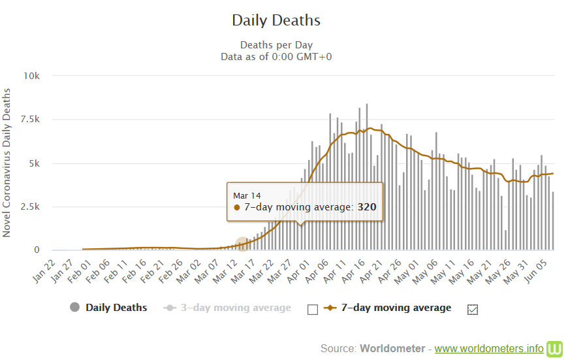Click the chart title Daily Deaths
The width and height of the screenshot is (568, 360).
(x=276, y=20)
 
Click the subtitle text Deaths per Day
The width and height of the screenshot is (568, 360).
(x=276, y=45)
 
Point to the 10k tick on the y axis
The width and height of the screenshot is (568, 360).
(x=31, y=76)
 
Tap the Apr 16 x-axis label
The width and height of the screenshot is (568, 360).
(x=357, y=269)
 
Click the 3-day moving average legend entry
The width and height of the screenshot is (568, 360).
(x=232, y=308)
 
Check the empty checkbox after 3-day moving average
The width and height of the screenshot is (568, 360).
(x=312, y=309)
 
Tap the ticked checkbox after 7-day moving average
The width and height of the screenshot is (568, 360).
(x=473, y=309)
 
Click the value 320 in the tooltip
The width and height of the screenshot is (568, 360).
(x=366, y=207)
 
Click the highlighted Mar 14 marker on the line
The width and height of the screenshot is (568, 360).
(x=242, y=244)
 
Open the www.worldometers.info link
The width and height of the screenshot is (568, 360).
(x=489, y=348)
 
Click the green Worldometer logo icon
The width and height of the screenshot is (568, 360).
(x=555, y=348)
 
